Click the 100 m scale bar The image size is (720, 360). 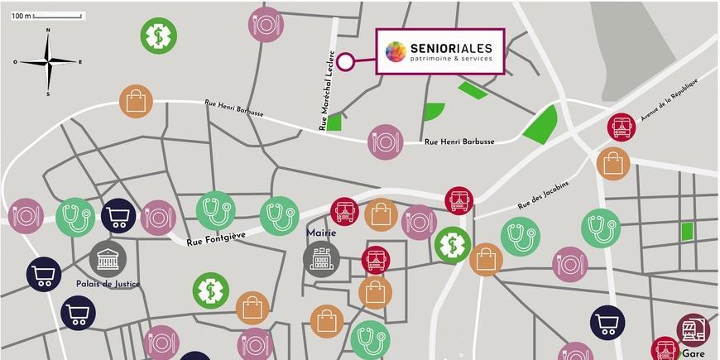(x=60, y=16)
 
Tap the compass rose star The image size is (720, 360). (x=49, y=62)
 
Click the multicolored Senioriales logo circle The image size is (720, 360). (x=396, y=52)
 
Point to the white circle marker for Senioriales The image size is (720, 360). (x=345, y=60)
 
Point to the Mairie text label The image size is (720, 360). (x=321, y=233)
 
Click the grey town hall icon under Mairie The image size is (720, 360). (x=321, y=258)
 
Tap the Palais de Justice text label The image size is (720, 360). (x=108, y=284)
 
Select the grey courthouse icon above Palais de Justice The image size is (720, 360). (x=108, y=259)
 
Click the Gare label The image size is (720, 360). (x=694, y=353)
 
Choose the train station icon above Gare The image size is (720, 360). (x=693, y=329)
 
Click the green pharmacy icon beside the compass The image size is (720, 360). (x=158, y=36)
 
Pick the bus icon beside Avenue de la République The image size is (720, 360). (x=621, y=127)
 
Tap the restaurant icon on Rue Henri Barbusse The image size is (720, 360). (x=385, y=142)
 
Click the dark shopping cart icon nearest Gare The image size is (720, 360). (x=607, y=323)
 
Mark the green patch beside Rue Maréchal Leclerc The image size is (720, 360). (x=334, y=122)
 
